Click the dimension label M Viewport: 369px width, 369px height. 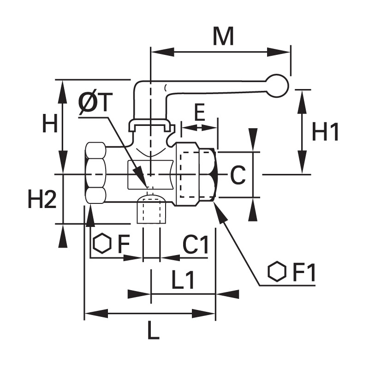tap(223, 36)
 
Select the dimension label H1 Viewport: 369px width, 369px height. tap(325, 132)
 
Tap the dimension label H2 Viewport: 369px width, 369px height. tap(42, 199)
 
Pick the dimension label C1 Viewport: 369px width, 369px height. tap(196, 245)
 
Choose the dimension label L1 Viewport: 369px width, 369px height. tap(183, 280)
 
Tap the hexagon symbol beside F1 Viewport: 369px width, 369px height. tap(277, 271)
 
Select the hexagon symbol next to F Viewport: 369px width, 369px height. tap(102, 244)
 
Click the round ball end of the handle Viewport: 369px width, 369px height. tap(277, 86)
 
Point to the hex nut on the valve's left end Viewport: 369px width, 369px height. tap(95, 173)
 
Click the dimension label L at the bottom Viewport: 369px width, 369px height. tap(154, 330)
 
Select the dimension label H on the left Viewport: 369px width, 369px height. tap(50, 123)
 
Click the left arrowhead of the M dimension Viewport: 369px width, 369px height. tap(162, 52)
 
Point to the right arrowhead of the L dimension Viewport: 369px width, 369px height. tap(204, 313)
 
